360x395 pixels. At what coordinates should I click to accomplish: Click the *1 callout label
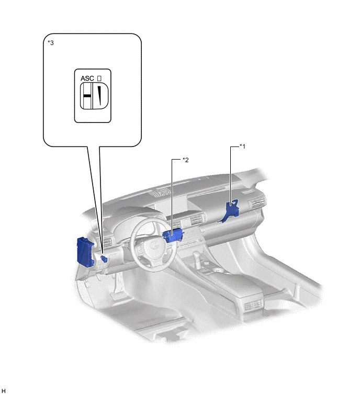(242, 146)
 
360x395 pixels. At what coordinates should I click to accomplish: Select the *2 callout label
(185, 160)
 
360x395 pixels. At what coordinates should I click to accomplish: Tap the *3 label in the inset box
(51, 42)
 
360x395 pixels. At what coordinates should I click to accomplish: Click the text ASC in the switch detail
(87, 78)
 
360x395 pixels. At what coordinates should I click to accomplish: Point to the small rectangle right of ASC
(99, 78)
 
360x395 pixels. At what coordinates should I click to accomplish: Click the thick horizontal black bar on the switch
(87, 96)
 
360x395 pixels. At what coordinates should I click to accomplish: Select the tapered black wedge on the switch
(100, 96)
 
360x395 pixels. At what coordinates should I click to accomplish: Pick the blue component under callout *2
(173, 235)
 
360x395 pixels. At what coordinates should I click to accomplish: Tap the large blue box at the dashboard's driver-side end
(85, 251)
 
